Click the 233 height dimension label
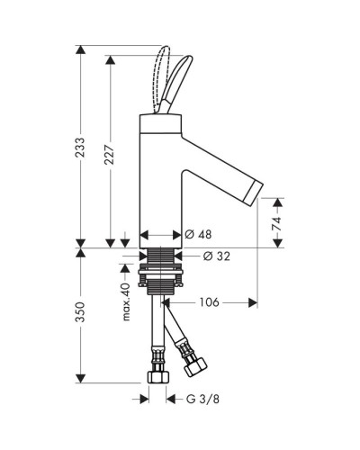pos(80,148)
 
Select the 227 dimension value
pos(110,155)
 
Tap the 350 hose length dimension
pos(80,312)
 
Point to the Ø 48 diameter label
pos(198,234)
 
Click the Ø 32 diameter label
pos(217,256)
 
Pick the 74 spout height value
pos(276,223)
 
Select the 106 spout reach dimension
pos(210,302)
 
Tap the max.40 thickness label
pos(126,301)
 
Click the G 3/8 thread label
pos(202,399)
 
